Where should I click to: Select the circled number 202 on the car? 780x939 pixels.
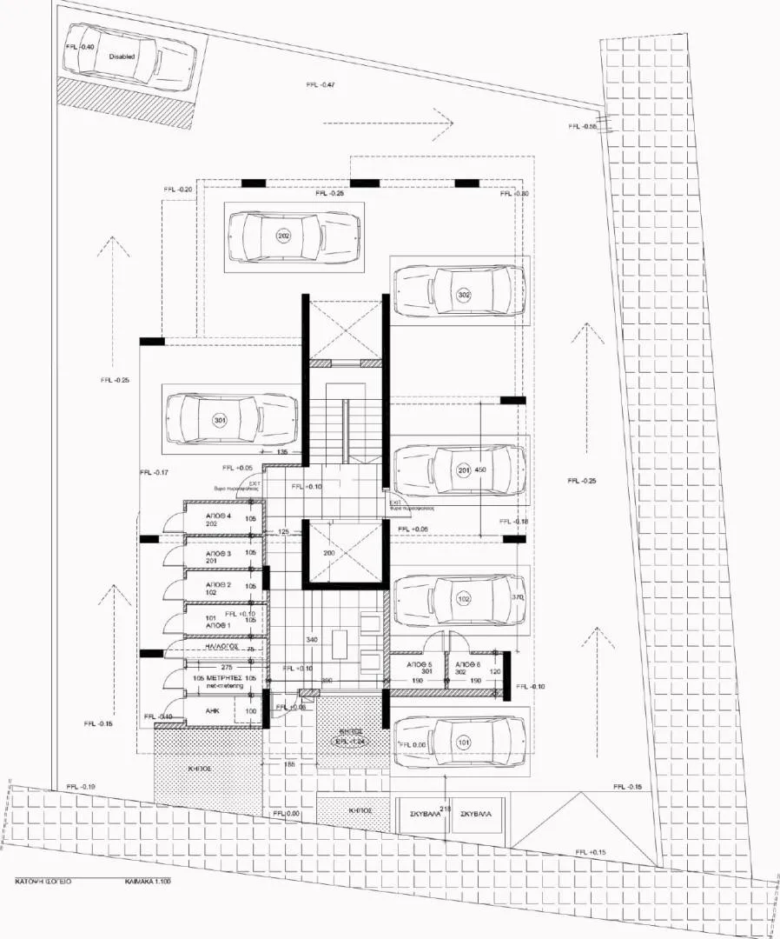[283, 236]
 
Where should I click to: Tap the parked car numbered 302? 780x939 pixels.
[464, 296]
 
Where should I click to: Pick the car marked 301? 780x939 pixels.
[220, 421]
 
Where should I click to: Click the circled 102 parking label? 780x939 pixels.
[463, 599]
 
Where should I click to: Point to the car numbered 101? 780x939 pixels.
[463, 742]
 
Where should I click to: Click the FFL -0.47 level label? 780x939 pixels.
[321, 84]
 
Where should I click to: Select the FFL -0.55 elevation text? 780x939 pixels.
[583, 127]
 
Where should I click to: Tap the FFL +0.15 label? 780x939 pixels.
[591, 852]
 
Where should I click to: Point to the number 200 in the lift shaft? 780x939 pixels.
[329, 553]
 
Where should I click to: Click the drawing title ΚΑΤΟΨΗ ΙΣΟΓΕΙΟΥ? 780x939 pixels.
[43, 881]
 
